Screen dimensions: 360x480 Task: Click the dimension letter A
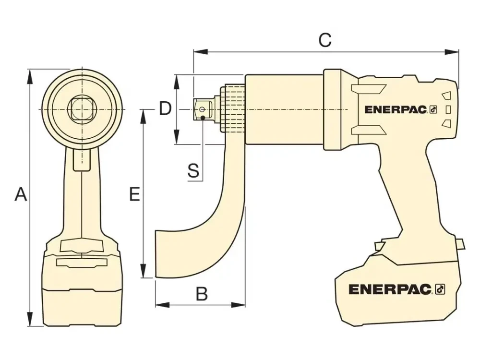20,194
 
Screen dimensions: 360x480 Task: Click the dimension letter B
202,294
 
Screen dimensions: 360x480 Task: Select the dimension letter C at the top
325,40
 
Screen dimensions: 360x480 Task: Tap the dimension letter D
165,109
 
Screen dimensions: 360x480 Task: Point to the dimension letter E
135,194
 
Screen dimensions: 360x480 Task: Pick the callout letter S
193,170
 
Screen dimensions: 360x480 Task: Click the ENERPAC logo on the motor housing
396,109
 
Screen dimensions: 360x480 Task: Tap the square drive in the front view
82,109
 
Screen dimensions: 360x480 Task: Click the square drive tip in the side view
203,109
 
